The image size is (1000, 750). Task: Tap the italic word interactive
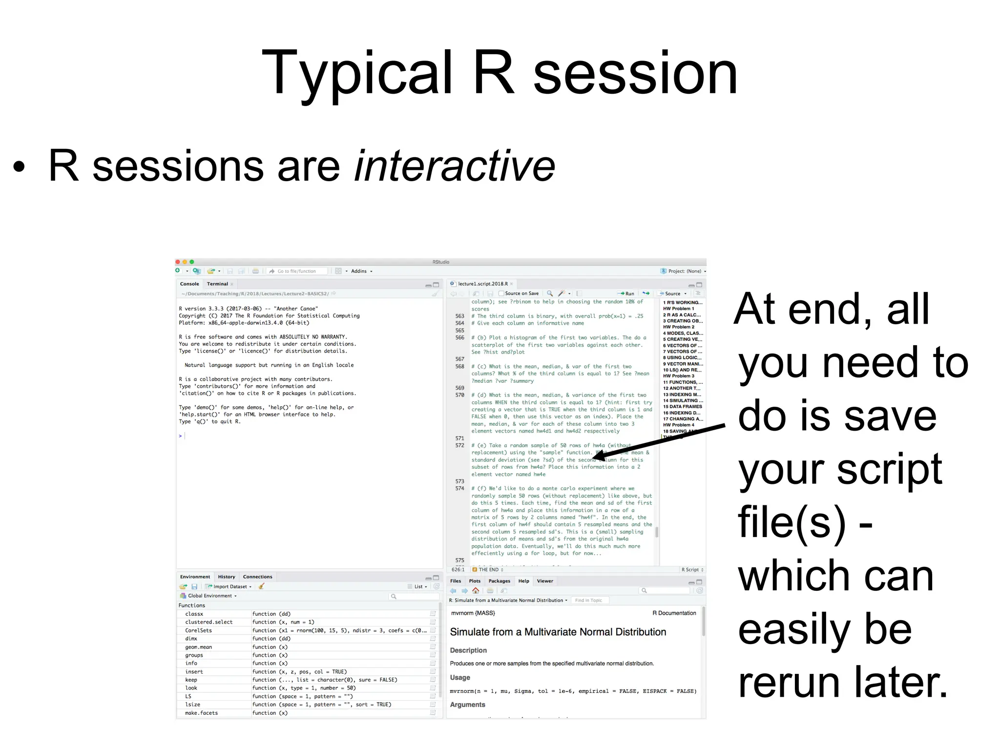pos(455,167)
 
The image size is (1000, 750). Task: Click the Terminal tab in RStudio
pos(217,284)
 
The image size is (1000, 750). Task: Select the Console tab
pos(189,284)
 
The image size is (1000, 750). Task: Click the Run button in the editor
pos(627,293)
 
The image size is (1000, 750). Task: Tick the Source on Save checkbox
pos(501,293)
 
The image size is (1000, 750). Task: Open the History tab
pos(226,577)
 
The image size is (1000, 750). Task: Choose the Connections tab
pos(257,577)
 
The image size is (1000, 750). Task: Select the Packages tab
pos(499,581)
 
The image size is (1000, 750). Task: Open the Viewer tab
pos(545,581)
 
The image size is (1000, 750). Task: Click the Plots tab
pos(475,581)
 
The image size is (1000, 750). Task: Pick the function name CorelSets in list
pos(198,630)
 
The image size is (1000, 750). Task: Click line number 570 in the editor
pos(459,395)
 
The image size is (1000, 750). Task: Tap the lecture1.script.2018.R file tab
pos(482,284)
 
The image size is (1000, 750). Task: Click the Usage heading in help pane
pos(460,677)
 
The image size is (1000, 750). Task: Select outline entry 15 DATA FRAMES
pos(682,406)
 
